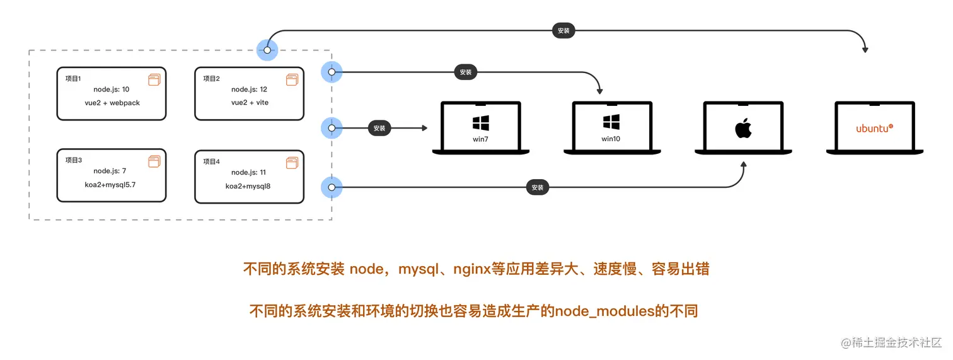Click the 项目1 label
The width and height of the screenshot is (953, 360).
73,79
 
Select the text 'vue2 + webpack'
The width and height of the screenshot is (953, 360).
112,102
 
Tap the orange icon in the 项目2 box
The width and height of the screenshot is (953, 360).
292,80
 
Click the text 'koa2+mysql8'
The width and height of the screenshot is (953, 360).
249,186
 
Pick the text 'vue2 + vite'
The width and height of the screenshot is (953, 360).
250,102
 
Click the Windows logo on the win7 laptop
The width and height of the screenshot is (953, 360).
480,122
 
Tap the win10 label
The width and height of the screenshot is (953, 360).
611,139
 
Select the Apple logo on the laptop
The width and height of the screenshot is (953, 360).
743,129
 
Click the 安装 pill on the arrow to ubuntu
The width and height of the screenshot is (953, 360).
563,30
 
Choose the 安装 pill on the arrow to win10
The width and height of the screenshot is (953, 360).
466,73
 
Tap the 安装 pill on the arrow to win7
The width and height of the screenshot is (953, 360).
379,129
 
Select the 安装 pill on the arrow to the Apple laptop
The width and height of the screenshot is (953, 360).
537,187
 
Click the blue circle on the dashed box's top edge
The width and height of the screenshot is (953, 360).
267,50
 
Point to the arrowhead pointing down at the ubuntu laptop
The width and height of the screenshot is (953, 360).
866,49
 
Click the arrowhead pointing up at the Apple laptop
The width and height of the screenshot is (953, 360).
744,165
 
